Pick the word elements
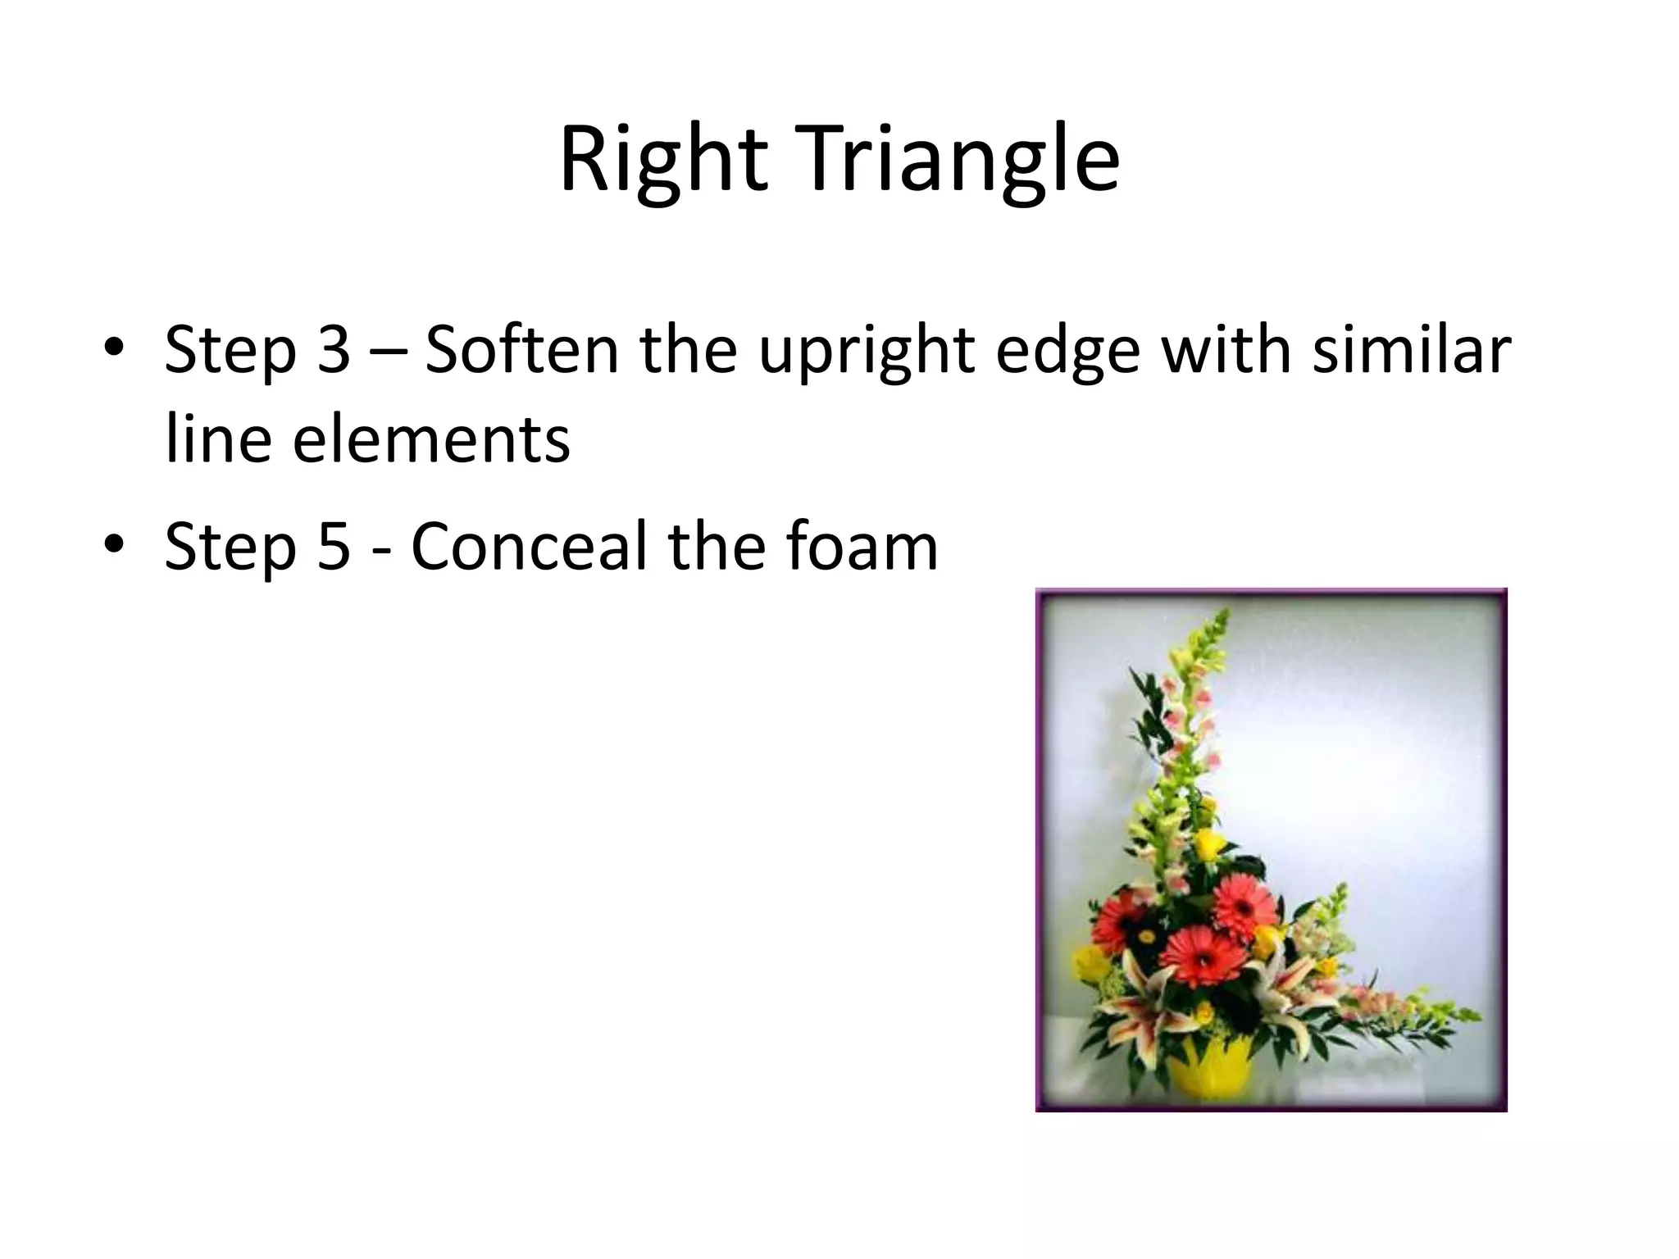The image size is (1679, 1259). tap(430, 439)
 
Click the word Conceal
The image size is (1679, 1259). tap(530, 547)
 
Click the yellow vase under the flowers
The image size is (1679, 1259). tap(1208, 1070)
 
